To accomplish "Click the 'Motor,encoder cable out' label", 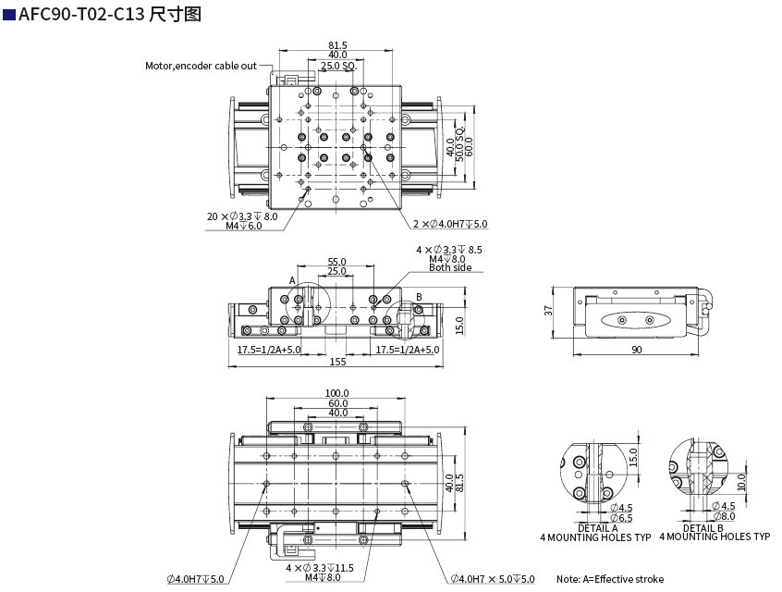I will (201, 66).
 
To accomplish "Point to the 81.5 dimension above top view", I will (337, 45).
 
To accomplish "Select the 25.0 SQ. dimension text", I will (338, 67).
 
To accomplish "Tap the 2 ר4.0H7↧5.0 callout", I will (450, 224).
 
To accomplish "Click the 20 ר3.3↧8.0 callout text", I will (242, 216).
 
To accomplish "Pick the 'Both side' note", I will (450, 268).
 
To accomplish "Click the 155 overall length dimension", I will (337, 362).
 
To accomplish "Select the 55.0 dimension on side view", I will (336, 263).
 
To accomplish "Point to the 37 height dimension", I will (548, 311).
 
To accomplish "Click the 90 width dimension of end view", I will (636, 350).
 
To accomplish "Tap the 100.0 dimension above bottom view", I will (336, 393).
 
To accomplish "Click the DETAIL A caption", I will (597, 527).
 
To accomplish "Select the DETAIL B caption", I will (703, 527).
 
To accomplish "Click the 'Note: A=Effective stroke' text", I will (609, 579).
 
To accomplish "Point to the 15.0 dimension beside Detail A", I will (634, 457).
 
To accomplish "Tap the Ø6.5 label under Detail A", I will (621, 518).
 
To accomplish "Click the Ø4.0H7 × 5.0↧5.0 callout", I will (493, 579).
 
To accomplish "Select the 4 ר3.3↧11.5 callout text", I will (320, 567).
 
